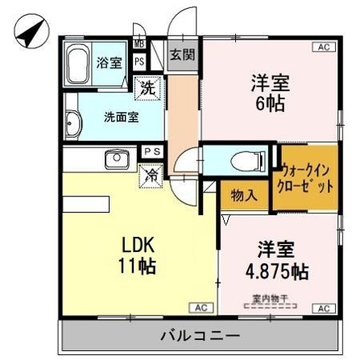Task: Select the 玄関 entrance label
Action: (x=182, y=55)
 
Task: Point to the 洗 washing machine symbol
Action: (x=148, y=86)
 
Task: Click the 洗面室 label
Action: (x=120, y=116)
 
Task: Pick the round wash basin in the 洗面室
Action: (x=72, y=123)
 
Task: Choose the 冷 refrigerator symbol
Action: (x=150, y=173)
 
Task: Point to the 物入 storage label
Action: (x=244, y=195)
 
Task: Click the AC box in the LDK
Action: (x=201, y=308)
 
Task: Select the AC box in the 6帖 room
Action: (x=324, y=48)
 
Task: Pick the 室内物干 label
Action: (x=265, y=298)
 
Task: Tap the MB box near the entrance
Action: (x=139, y=43)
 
